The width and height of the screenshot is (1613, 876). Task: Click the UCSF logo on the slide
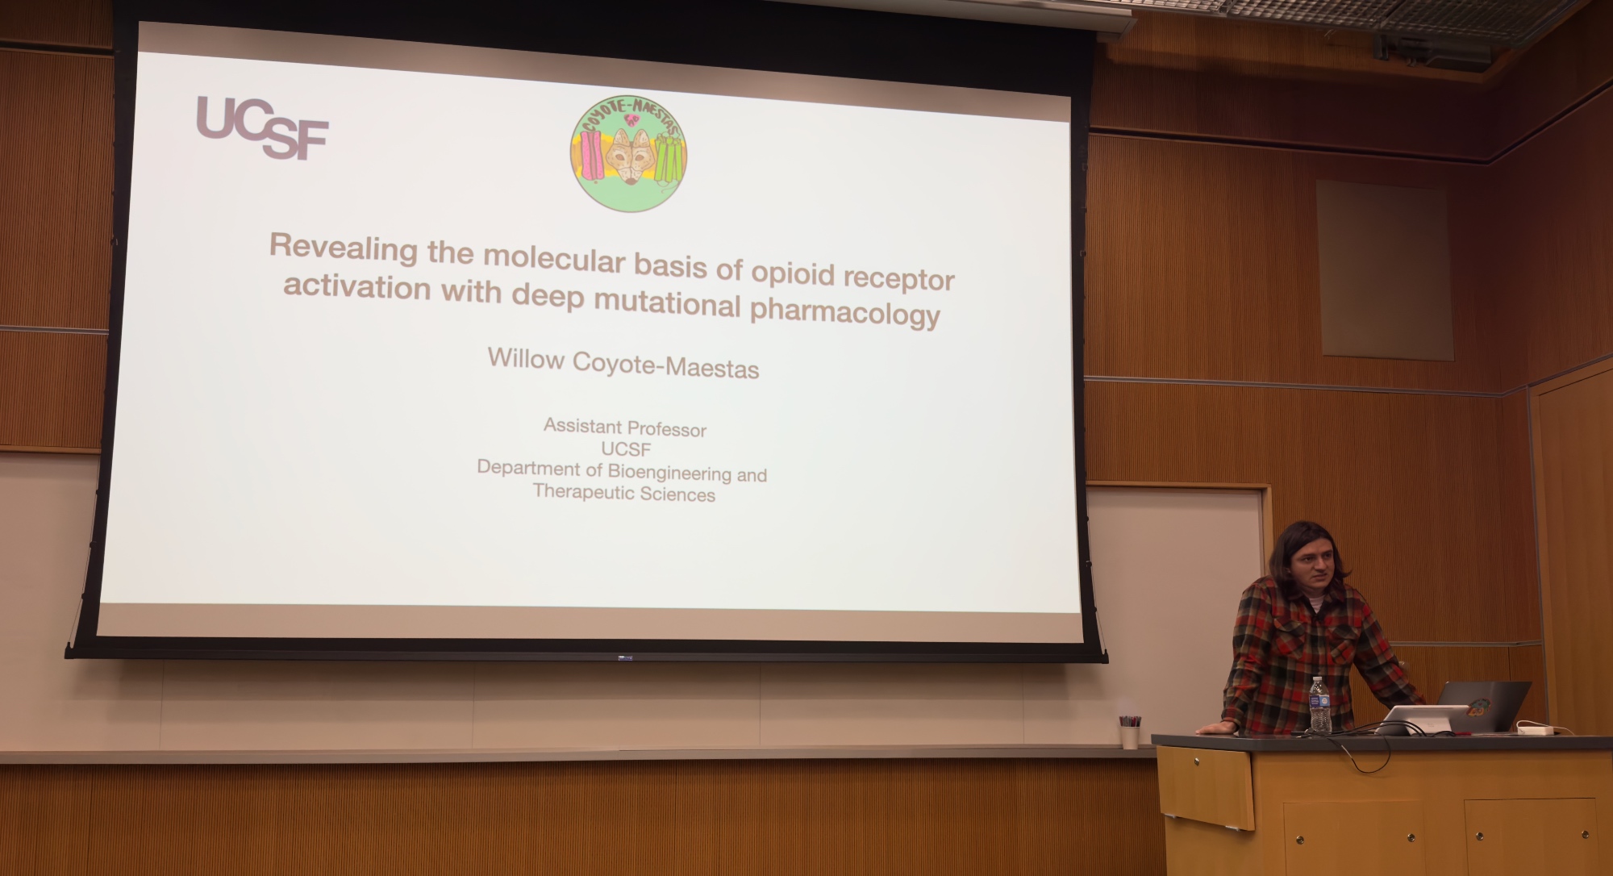click(263, 127)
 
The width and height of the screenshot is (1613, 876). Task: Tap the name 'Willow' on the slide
click(526, 358)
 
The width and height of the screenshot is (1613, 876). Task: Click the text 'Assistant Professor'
click(625, 428)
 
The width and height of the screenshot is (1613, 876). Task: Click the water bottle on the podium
click(1319, 705)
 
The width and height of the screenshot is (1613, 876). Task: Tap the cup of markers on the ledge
click(1129, 732)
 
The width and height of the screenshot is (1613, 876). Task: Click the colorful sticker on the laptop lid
click(1478, 708)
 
